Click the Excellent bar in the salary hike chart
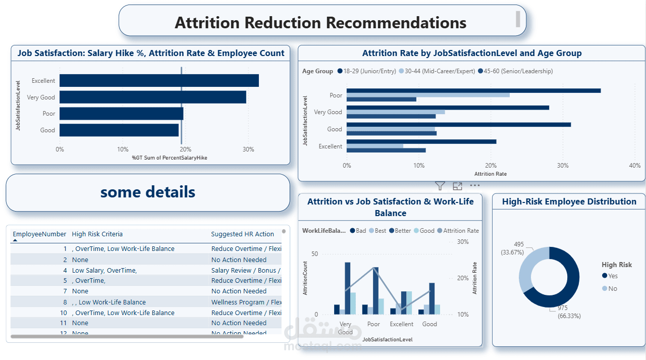pyautogui.click(x=159, y=81)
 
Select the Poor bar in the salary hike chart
pyautogui.click(x=121, y=114)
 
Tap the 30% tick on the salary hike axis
pyautogui.click(x=248, y=149)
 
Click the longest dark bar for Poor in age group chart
pyautogui.click(x=473, y=91)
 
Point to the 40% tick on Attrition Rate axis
pyautogui.click(x=635, y=166)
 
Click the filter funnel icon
pyautogui.click(x=440, y=186)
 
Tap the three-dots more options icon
pyautogui.click(x=475, y=186)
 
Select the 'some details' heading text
pyautogui.click(x=148, y=192)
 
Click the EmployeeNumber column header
pyautogui.click(x=39, y=234)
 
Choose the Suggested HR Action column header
pyautogui.click(x=242, y=234)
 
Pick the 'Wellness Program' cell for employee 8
pyautogui.click(x=246, y=302)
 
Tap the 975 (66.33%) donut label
pyautogui.click(x=569, y=312)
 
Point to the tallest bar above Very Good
pyautogui.click(x=347, y=288)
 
